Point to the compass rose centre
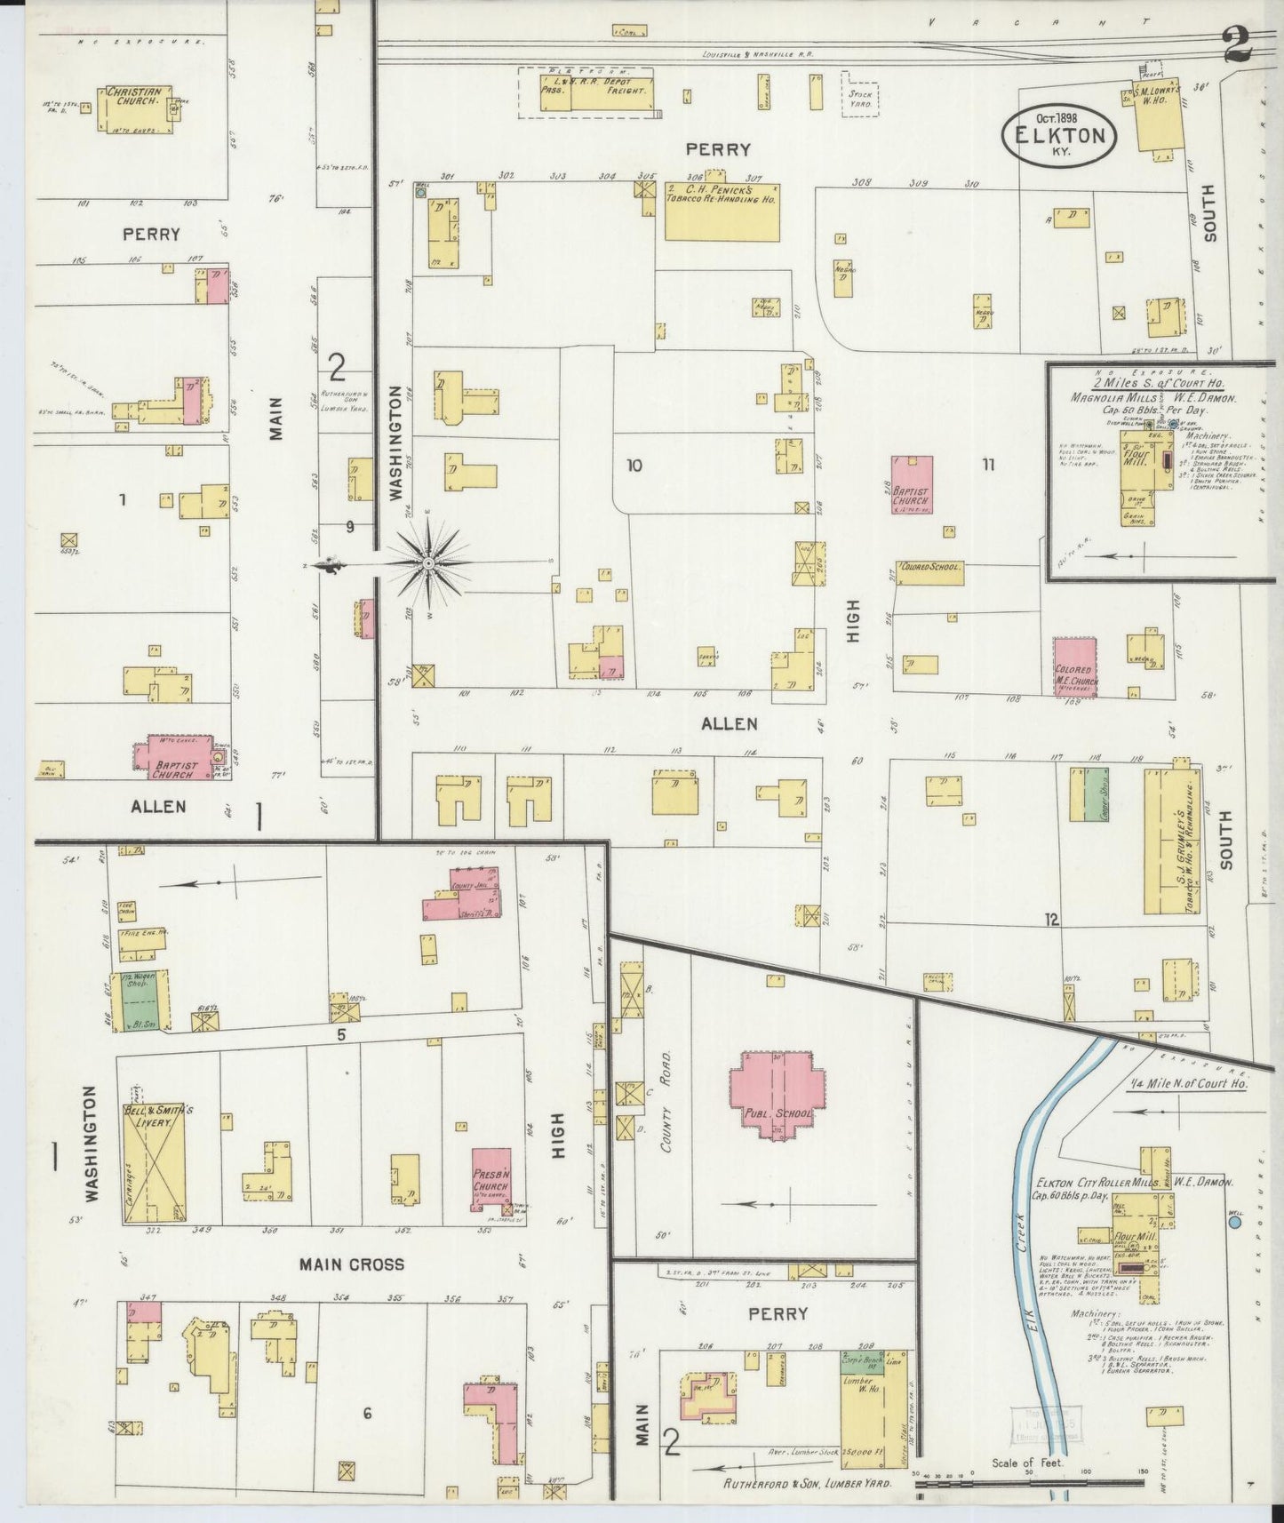pyautogui.click(x=428, y=563)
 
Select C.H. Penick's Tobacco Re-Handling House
pyautogui.click(x=722, y=211)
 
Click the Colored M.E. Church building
pyautogui.click(x=1076, y=666)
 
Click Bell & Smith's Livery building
pyautogui.click(x=154, y=1150)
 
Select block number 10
pyautogui.click(x=634, y=465)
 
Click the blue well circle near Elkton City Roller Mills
pyautogui.click(x=1234, y=1223)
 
